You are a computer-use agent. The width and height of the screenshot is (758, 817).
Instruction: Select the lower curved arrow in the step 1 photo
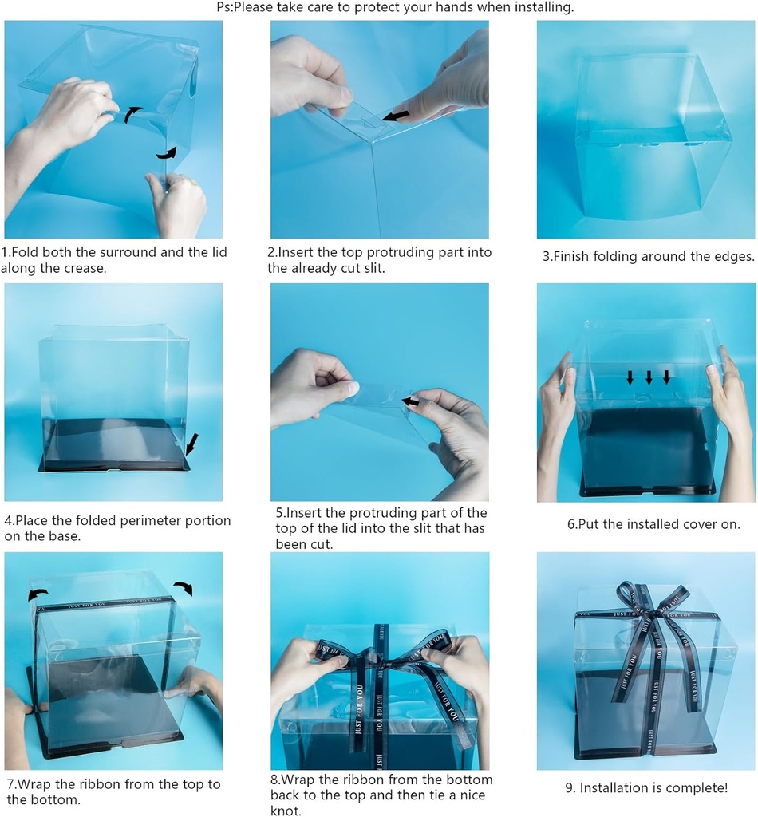(x=166, y=151)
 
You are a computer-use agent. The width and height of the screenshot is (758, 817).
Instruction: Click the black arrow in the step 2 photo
(x=396, y=116)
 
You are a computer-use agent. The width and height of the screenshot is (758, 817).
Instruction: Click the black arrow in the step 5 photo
(x=411, y=401)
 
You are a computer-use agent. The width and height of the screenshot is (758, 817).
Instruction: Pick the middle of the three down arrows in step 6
(x=649, y=377)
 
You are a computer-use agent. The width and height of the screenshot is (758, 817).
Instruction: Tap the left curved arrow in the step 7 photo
(x=38, y=594)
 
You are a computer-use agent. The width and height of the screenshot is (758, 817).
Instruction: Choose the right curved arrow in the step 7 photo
(x=184, y=588)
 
